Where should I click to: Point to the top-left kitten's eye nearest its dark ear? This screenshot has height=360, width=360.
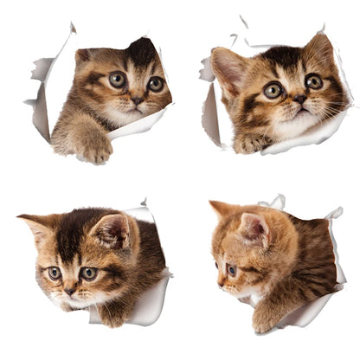155,83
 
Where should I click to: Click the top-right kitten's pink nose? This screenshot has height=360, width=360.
299,100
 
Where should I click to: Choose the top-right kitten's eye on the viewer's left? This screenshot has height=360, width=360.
273,89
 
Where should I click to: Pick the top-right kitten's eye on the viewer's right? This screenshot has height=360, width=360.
313,81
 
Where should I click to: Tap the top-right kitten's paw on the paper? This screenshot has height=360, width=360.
251,143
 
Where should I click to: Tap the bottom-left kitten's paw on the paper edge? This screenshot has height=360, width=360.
112,315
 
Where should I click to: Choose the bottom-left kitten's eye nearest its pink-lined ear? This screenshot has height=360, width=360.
88,273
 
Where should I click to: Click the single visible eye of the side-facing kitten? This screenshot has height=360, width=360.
231,270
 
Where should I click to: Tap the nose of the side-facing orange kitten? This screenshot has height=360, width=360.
218,284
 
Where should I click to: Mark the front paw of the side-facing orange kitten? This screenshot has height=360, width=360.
265,320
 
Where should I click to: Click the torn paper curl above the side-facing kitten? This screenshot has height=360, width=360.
275,202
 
